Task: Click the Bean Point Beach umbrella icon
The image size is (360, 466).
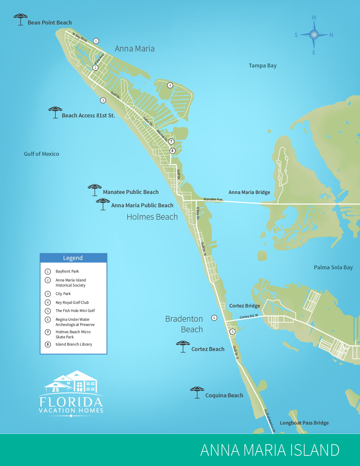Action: point(21,19)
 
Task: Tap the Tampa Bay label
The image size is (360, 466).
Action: point(263,66)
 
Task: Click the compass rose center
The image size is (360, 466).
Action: point(314,35)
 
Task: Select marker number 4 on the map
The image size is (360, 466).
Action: point(170,85)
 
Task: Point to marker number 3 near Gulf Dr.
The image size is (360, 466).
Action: point(103,100)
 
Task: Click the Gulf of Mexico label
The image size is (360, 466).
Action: point(41,154)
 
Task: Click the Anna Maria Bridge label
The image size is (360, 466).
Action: point(249,192)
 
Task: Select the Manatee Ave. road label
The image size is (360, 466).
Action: point(213,199)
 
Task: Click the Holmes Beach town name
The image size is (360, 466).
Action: point(152,217)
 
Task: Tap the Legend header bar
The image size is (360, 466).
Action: point(73,258)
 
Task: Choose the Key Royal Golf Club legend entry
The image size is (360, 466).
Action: point(72,302)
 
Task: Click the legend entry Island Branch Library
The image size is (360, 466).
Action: point(74,344)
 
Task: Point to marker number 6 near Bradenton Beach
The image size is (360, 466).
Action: point(214,318)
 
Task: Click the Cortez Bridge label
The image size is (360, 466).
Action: point(244,306)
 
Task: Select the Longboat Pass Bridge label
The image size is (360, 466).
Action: point(304,423)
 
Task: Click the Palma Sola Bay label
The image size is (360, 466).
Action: point(333,267)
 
